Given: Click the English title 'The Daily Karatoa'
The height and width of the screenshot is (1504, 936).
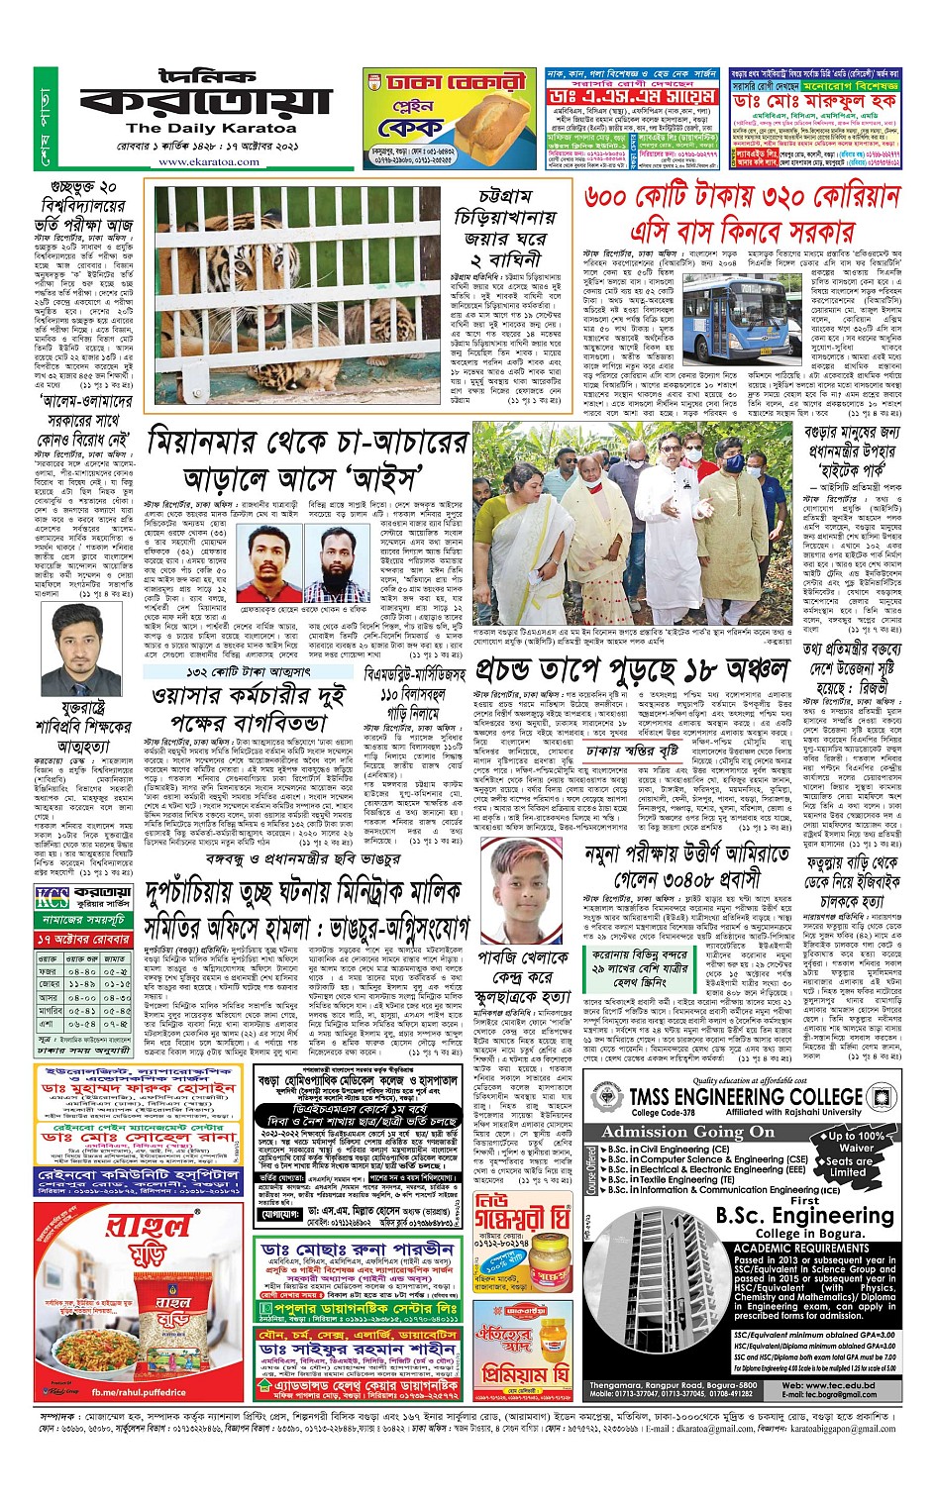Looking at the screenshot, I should (211, 128).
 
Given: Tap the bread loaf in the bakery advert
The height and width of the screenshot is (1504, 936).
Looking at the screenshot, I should (489, 133).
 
